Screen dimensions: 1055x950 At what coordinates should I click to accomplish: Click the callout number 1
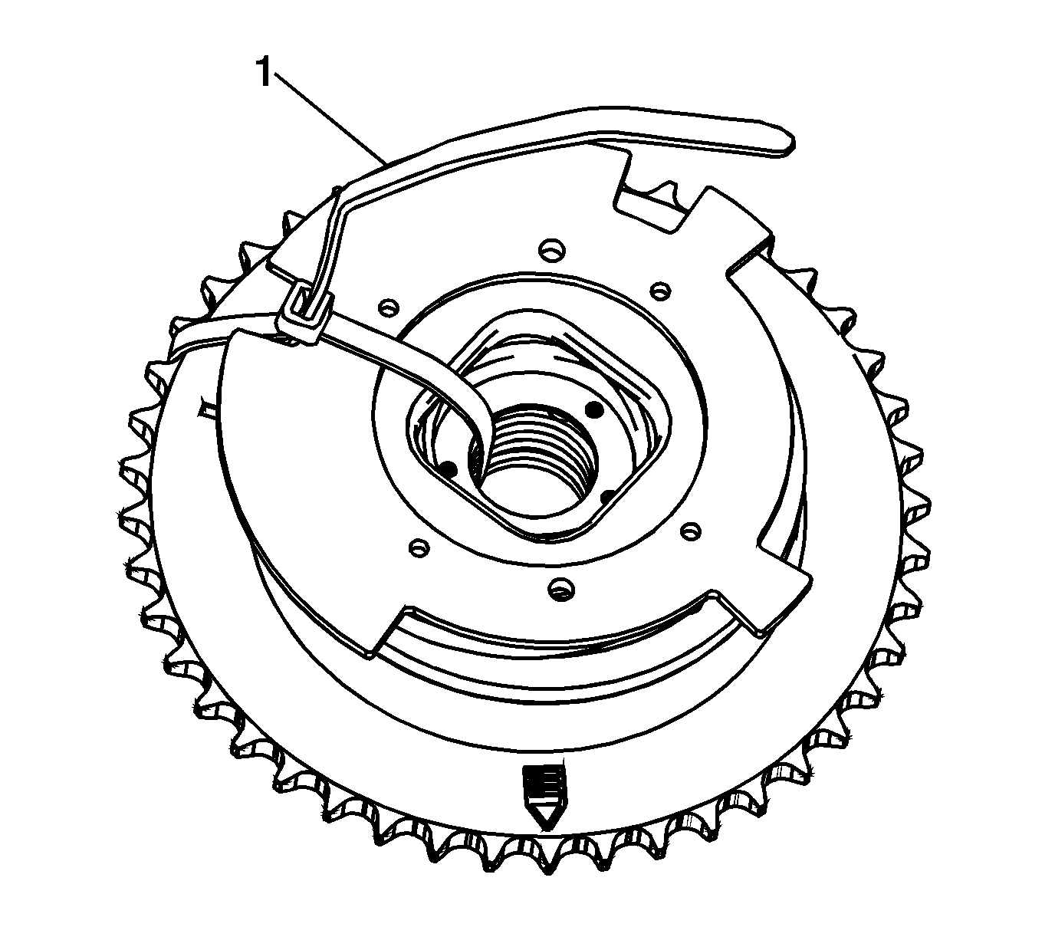pos(264,73)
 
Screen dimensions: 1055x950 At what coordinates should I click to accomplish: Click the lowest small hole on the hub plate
pos(560,589)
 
